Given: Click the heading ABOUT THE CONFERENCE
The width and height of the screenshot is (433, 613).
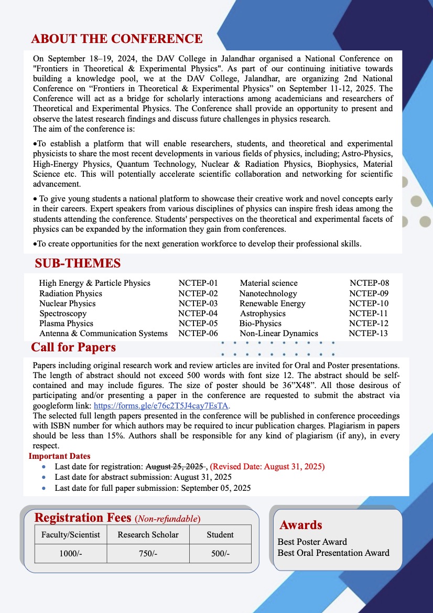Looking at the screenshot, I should click(116, 39).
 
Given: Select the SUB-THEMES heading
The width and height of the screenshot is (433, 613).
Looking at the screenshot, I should click(78, 263).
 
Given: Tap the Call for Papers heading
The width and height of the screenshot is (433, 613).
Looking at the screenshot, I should click(73, 347).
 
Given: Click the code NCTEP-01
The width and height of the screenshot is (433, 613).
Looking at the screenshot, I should click(198, 283).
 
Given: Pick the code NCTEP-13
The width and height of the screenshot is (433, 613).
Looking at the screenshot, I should click(368, 334).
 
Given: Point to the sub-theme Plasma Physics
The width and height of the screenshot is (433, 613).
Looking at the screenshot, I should click(66, 324).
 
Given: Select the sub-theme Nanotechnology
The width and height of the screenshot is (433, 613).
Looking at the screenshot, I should click(268, 294).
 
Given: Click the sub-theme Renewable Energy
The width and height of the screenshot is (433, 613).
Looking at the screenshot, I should click(272, 304).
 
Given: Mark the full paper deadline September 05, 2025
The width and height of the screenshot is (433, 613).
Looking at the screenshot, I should click(216, 488).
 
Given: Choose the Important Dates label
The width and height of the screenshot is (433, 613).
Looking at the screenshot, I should click(59, 456).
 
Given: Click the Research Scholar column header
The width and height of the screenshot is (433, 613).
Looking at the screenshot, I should click(148, 535).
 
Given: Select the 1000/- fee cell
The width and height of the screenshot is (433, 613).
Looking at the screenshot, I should click(71, 554).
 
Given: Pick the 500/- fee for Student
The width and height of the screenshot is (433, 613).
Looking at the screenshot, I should click(220, 554).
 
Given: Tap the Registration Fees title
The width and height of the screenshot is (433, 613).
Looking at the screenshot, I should click(83, 518).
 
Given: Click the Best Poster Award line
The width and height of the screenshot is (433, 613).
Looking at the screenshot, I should click(312, 542).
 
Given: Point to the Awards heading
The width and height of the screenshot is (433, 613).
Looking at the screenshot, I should click(301, 525).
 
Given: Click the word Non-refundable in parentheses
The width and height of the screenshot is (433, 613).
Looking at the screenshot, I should click(167, 519).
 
